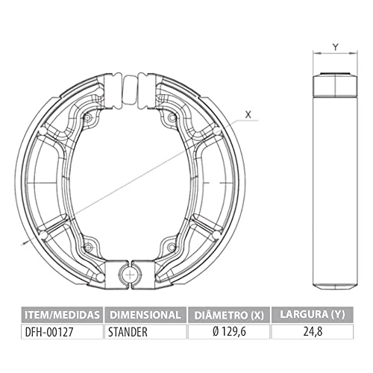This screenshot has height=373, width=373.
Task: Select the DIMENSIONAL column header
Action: (x=144, y=315)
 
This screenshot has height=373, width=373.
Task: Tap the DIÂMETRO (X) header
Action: (x=225, y=315)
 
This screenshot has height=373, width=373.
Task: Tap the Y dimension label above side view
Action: (x=334, y=47)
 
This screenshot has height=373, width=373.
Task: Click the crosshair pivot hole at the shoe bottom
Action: (x=131, y=274)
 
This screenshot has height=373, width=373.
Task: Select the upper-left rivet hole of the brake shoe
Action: (x=88, y=117)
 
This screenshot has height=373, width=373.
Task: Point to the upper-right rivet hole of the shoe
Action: (x=173, y=117)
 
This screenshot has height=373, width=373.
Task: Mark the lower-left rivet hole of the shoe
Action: (x=88, y=247)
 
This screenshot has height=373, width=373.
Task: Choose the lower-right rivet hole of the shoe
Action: (x=173, y=247)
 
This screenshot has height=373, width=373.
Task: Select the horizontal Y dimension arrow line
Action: (x=334, y=55)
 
